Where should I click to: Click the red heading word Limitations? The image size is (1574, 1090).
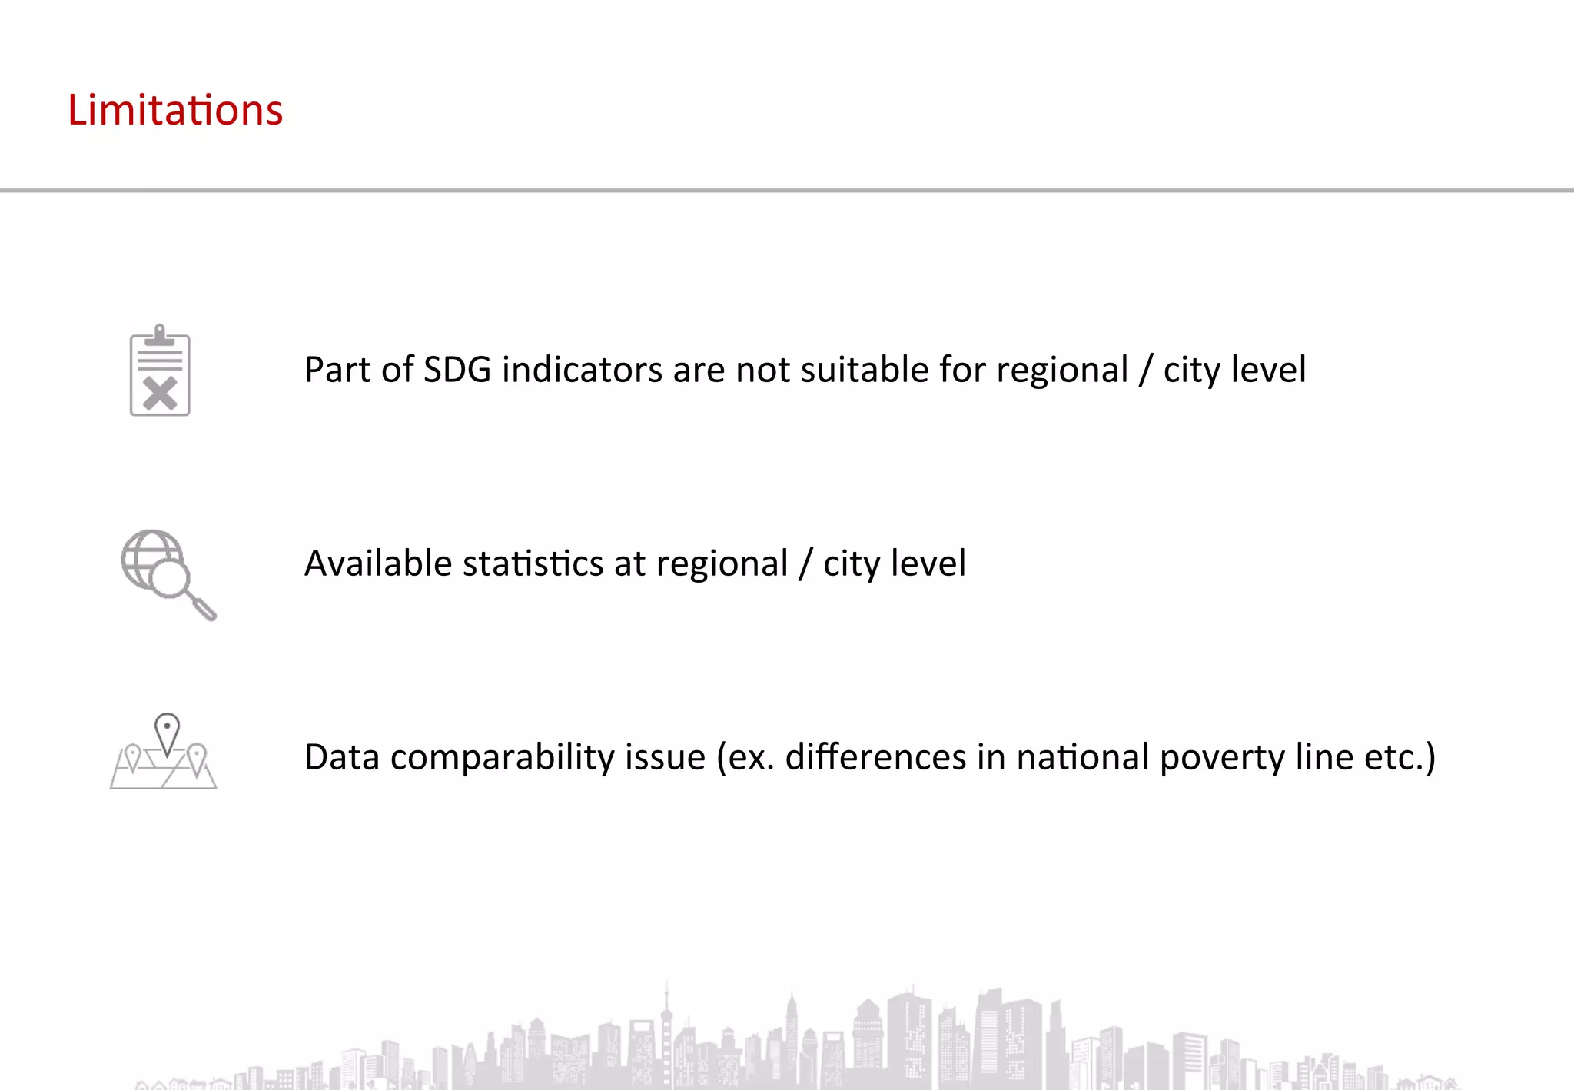[x=175, y=110]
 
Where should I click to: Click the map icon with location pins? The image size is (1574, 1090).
[x=164, y=753]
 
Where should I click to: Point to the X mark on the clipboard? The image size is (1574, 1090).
[x=161, y=394]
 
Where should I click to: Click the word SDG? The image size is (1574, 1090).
[x=457, y=370]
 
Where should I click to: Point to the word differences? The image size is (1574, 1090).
[x=875, y=757]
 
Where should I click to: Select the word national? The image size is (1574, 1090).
[x=1083, y=757]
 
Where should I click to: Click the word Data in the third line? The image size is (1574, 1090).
[x=342, y=757]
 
